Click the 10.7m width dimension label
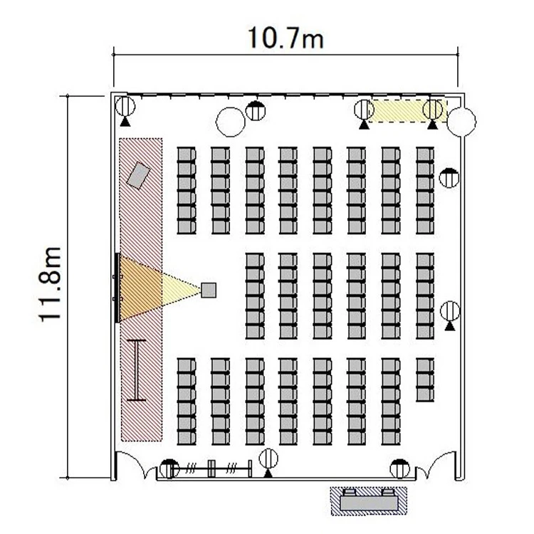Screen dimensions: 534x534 pyautogui.click(x=286, y=38)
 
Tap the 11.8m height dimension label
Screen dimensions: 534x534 pyautogui.click(x=50, y=285)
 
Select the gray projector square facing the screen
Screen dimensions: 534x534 pyautogui.click(x=209, y=290)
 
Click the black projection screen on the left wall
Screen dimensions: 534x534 pyautogui.click(x=117, y=288)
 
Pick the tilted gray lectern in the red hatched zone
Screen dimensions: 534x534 pyautogui.click(x=138, y=175)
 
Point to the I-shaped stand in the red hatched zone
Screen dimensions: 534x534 pyautogui.click(x=136, y=370)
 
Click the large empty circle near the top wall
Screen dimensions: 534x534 pyautogui.click(x=231, y=122)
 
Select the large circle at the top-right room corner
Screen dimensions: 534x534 pyautogui.click(x=461, y=122)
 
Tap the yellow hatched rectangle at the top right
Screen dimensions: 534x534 pyautogui.click(x=409, y=111)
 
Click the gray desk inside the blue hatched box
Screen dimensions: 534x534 pyautogui.click(x=369, y=503)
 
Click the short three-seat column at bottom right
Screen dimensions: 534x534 pyautogui.click(x=425, y=379)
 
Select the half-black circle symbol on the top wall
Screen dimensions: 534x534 pyautogui.click(x=256, y=110)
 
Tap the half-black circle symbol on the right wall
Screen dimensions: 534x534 pyautogui.click(x=449, y=177)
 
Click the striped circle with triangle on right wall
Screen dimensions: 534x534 pyautogui.click(x=450, y=314)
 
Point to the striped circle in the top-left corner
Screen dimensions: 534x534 pyautogui.click(x=125, y=110)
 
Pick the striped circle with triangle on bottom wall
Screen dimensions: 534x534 pyautogui.click(x=268, y=462)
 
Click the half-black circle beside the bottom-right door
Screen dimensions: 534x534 pyautogui.click(x=400, y=468)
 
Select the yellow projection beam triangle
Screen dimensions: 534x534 pyautogui.click(x=159, y=289)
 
